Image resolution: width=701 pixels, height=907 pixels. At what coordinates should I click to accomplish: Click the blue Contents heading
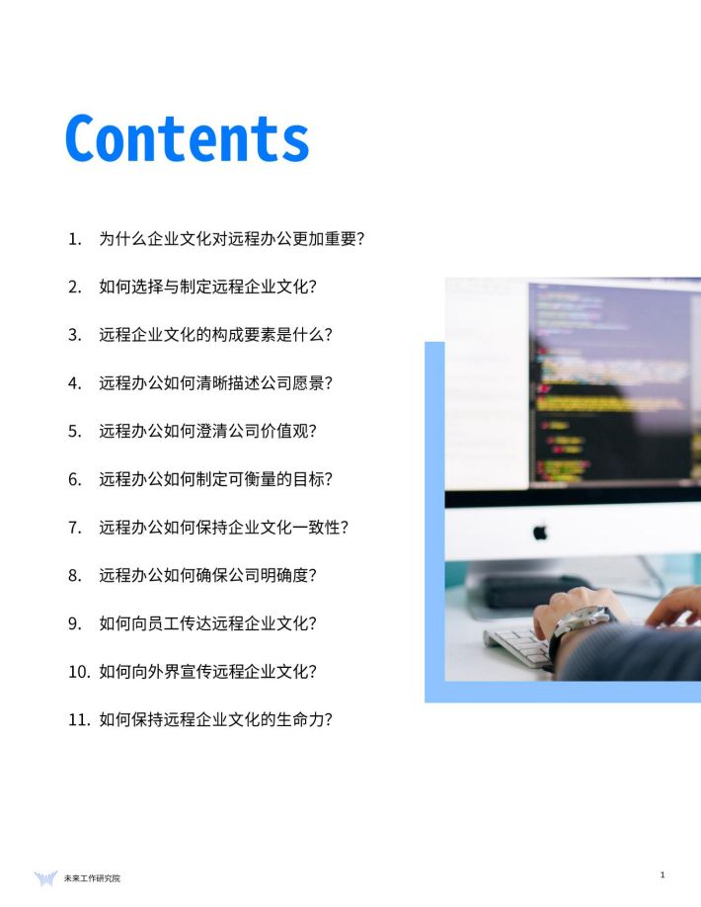[188, 138]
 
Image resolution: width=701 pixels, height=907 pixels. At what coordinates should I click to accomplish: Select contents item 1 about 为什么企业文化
[216, 238]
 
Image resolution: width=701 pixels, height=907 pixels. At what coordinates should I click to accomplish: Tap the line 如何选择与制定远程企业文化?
[193, 287]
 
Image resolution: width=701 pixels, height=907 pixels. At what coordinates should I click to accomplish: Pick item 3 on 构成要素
[200, 334]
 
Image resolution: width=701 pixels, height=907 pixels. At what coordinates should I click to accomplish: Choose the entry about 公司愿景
[200, 382]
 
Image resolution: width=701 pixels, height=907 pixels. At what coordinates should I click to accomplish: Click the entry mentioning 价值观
[193, 431]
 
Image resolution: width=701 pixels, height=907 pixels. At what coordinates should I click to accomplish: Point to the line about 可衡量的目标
[200, 479]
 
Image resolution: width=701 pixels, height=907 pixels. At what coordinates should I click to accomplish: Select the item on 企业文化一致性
[208, 527]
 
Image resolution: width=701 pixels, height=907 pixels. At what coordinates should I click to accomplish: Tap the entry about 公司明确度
[193, 575]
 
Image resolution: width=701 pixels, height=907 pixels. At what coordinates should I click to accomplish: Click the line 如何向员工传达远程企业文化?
[193, 623]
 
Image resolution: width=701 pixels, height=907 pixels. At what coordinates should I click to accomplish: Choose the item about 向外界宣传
[193, 671]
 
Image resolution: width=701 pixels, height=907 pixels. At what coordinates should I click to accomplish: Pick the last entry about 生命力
[200, 719]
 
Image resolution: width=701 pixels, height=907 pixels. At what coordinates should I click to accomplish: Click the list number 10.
[79, 672]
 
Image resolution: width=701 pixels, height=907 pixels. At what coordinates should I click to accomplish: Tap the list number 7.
[75, 528]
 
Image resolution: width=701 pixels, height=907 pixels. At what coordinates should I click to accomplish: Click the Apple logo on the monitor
[540, 531]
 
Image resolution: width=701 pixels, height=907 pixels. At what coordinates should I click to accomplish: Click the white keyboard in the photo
[518, 644]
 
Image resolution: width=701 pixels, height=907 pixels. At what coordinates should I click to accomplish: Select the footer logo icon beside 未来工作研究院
[45, 878]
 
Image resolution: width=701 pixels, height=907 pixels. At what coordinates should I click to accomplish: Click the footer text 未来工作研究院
[92, 878]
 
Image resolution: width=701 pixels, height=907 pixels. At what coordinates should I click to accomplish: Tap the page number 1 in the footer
[662, 874]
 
